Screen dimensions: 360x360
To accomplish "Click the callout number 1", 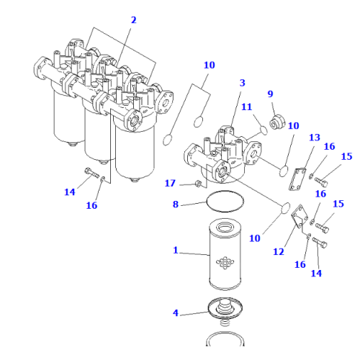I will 175,252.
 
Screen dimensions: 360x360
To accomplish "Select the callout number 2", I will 132,20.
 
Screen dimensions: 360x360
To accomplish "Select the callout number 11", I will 246,107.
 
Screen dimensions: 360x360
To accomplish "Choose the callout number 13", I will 314,138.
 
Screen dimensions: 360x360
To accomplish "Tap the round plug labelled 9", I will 275,122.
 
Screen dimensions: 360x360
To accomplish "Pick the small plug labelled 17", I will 196,185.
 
